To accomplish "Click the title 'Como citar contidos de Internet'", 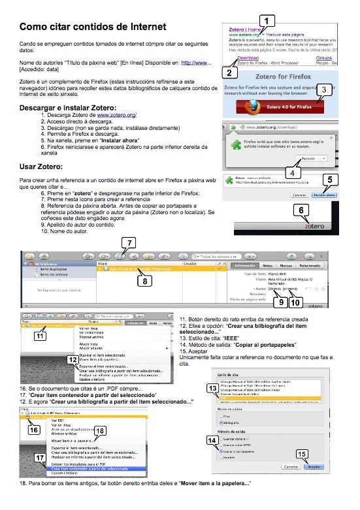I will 92,27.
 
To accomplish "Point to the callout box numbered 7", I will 130,242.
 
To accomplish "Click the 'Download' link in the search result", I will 239,58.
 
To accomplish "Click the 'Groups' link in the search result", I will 324,58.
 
